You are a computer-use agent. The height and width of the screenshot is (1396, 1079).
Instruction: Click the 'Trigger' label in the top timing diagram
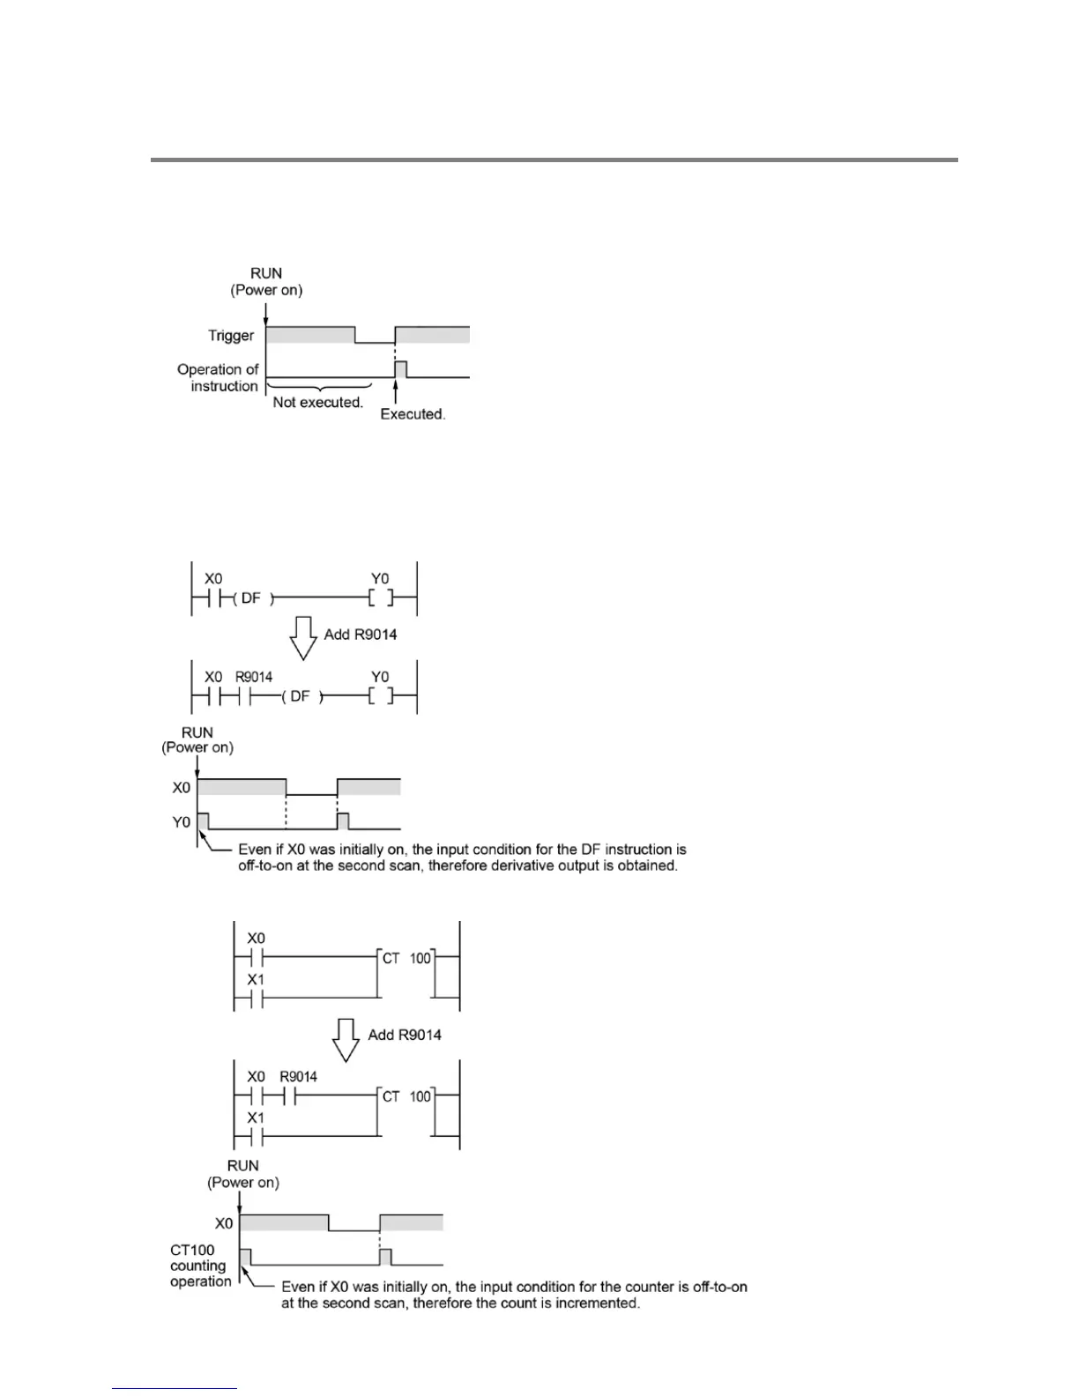coord(231,336)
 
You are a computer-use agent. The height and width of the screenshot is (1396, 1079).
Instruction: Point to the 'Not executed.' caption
coord(317,403)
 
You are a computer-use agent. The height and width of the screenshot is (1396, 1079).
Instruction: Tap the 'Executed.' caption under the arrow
coord(413,414)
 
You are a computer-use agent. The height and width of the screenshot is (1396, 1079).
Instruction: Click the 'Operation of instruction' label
coord(218,378)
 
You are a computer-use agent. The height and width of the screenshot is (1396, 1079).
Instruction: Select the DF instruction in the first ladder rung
coord(251,598)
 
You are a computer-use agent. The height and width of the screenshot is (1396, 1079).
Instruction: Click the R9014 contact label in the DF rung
coord(254,677)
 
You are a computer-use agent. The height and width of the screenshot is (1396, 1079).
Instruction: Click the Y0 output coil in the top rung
coord(380,598)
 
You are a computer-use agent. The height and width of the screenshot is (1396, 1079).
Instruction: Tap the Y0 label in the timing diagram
coord(181,822)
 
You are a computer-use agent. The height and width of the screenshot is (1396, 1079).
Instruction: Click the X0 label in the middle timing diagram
coord(181,788)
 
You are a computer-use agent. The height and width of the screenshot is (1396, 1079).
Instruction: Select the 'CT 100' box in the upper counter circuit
coord(406,958)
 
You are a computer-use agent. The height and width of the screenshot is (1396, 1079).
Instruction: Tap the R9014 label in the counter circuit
coord(298,1077)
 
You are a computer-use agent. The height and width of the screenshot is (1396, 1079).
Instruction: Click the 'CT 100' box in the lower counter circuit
coord(406,1096)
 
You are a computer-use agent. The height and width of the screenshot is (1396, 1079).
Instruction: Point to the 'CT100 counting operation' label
coord(200,1266)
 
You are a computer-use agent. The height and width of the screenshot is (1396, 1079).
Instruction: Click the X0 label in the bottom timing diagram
coord(224,1223)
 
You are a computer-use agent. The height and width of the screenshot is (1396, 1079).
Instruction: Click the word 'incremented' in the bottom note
coord(597,1303)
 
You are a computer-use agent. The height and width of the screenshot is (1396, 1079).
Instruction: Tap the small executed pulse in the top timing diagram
coord(400,369)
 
